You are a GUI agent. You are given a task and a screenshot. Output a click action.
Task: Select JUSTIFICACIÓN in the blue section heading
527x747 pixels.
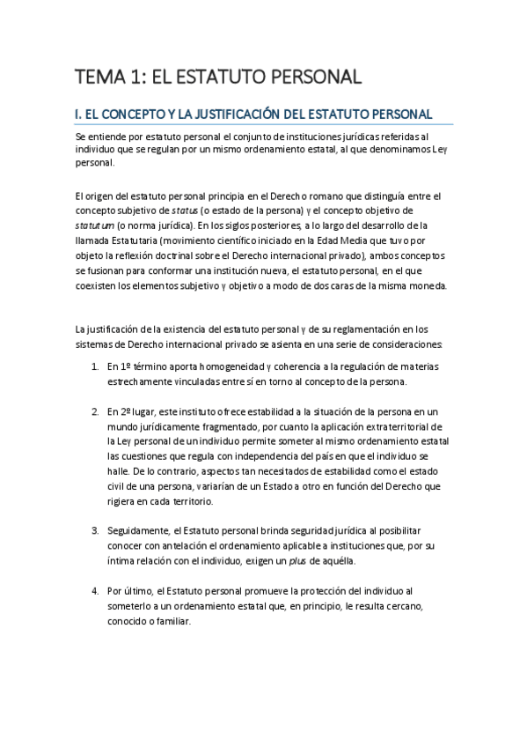pyautogui.click(x=231, y=114)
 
